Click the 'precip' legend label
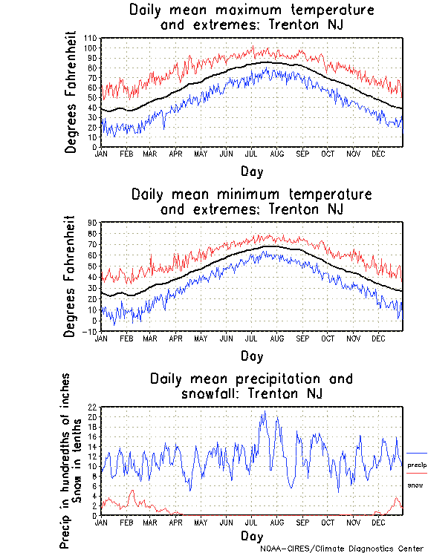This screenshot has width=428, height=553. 417,464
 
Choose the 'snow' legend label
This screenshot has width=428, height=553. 415,485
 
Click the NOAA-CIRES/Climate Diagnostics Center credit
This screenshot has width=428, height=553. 343,549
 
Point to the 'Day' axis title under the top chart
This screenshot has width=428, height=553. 251,171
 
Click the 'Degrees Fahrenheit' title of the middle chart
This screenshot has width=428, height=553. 71,276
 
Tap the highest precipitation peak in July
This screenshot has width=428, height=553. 264,412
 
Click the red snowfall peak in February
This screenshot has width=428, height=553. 132,491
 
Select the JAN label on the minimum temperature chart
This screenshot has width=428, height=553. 103,337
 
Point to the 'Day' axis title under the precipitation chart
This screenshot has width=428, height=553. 251,536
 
